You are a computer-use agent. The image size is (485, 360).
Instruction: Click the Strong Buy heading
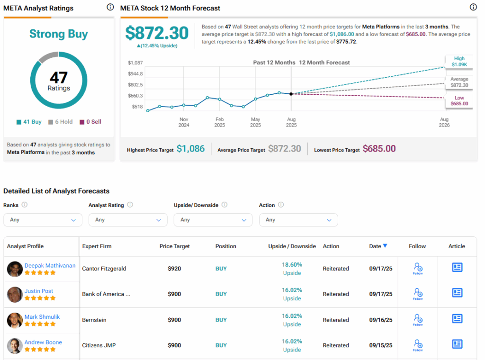[59, 34]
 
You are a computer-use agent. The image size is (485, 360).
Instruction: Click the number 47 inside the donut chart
[59, 77]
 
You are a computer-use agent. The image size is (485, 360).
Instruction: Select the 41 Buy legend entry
[29, 122]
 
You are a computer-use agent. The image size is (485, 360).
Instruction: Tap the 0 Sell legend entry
[90, 122]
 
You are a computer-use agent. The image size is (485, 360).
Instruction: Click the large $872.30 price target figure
[157, 33]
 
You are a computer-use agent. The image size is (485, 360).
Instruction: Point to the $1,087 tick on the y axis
[135, 63]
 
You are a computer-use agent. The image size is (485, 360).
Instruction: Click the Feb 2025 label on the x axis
[219, 122]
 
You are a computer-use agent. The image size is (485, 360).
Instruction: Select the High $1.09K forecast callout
[459, 61]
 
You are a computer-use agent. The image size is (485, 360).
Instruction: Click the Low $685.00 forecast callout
[459, 101]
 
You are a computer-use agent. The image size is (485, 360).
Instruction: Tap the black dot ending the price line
[291, 94]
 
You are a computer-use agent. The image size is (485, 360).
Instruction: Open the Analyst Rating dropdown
[128, 220]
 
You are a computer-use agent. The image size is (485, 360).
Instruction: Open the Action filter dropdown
[298, 220]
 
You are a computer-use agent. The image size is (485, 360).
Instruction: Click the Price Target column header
[175, 246]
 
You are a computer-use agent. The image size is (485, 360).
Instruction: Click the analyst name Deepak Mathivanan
[50, 266]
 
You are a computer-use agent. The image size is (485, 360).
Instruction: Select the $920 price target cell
[174, 269]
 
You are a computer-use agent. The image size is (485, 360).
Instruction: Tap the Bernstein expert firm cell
[94, 320]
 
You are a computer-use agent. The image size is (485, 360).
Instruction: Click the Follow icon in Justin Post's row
[418, 294]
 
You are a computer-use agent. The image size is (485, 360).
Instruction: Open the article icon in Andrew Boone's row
[457, 344]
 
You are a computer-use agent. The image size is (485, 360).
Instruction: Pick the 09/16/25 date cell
[381, 320]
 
